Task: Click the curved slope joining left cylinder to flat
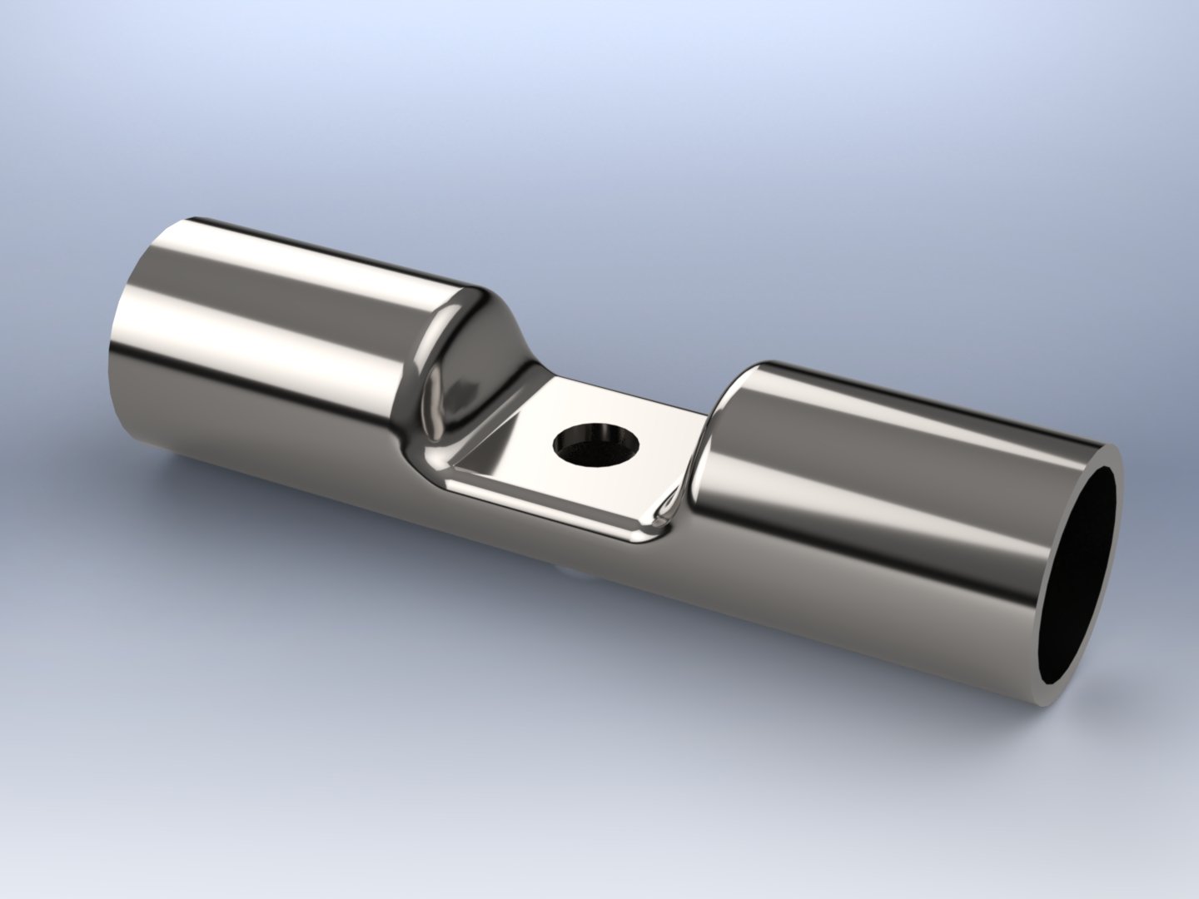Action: point(466,366)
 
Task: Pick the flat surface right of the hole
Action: point(658,466)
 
